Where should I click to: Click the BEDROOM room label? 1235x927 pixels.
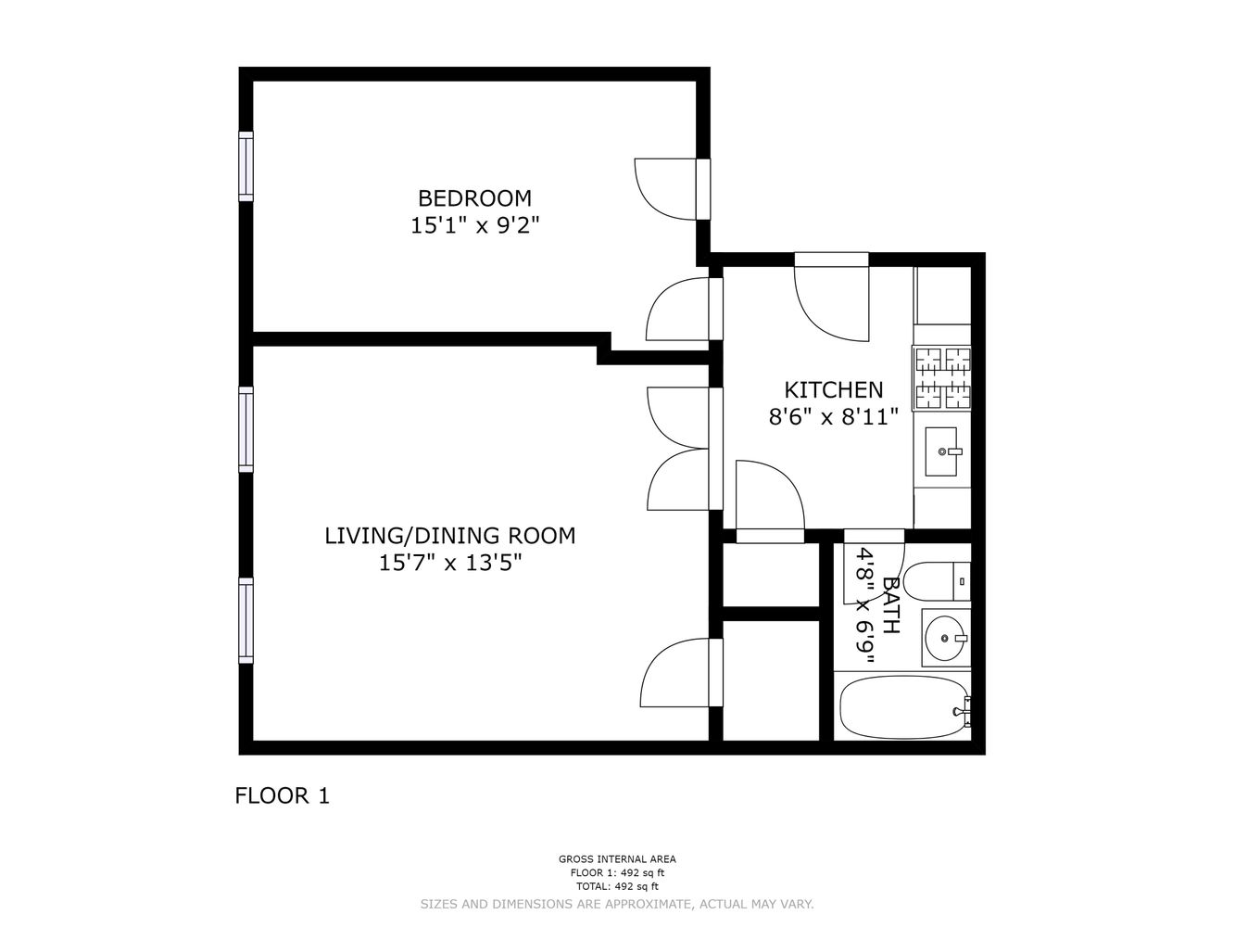tap(474, 198)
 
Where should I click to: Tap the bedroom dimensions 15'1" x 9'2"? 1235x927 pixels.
tap(474, 225)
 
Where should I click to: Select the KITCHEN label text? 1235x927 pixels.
tap(834, 389)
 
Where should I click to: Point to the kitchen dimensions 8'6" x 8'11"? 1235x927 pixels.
tap(834, 417)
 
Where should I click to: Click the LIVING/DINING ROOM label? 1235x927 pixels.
tap(449, 536)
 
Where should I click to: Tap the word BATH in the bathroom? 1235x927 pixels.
tap(890, 605)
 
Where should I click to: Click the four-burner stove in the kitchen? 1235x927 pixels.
tap(942, 378)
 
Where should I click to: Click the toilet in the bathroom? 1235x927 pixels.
tap(936, 581)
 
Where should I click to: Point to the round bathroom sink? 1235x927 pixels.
tap(945, 638)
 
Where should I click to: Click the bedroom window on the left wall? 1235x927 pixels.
tap(246, 166)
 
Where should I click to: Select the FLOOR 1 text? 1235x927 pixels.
tap(282, 795)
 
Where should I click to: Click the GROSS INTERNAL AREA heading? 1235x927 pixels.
tap(616, 859)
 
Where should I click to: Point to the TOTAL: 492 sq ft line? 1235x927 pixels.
tap(616, 886)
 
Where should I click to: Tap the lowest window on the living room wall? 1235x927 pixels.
tap(246, 620)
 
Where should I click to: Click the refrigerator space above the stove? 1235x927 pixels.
tap(942, 297)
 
